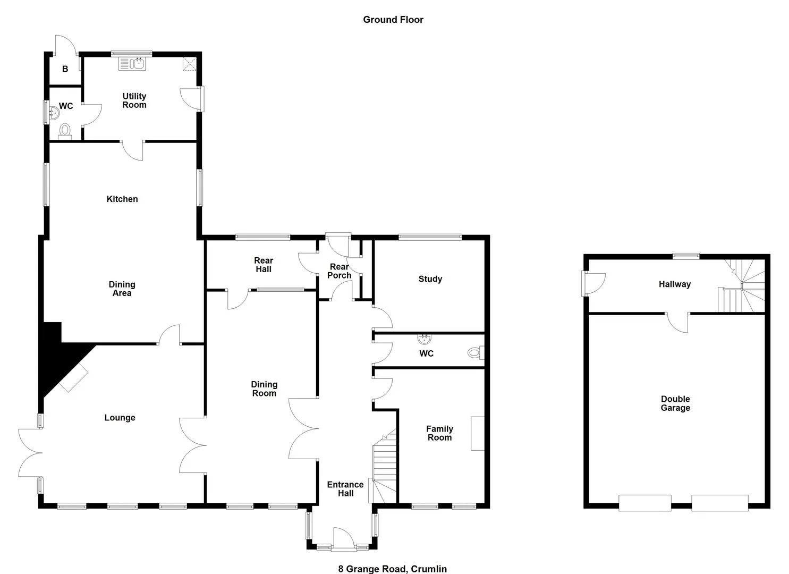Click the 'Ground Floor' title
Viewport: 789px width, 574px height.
point(393,20)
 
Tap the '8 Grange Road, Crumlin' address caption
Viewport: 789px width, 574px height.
point(393,569)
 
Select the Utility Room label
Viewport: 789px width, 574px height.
point(134,100)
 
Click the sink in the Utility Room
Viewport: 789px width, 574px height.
point(132,64)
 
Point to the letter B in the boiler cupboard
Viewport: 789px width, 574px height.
point(65,69)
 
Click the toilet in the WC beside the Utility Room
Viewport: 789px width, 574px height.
point(65,131)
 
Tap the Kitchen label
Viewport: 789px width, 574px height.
point(122,199)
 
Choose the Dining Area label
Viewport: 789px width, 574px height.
point(122,289)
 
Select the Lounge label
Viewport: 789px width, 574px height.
point(120,418)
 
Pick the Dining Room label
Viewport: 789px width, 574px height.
point(264,389)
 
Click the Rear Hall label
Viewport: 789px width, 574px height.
point(264,265)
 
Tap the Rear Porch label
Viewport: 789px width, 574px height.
point(339,271)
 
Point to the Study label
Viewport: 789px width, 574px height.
point(430,279)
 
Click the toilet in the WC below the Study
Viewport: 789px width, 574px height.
point(476,352)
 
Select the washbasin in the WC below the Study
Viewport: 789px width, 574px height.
point(425,339)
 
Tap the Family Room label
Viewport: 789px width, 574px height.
point(439,433)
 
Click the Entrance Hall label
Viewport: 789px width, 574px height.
point(345,489)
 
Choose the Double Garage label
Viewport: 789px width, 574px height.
point(675,403)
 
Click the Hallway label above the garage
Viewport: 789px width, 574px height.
point(675,284)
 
